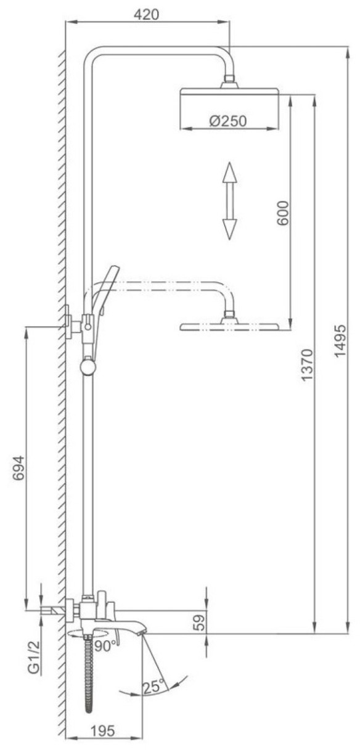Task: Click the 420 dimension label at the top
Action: [x=146, y=14]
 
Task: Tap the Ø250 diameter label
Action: [x=228, y=121]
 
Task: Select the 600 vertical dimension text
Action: [x=282, y=213]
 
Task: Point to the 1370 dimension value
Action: [x=306, y=365]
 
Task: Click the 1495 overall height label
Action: [x=340, y=341]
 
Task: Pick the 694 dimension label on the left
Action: [x=18, y=468]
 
